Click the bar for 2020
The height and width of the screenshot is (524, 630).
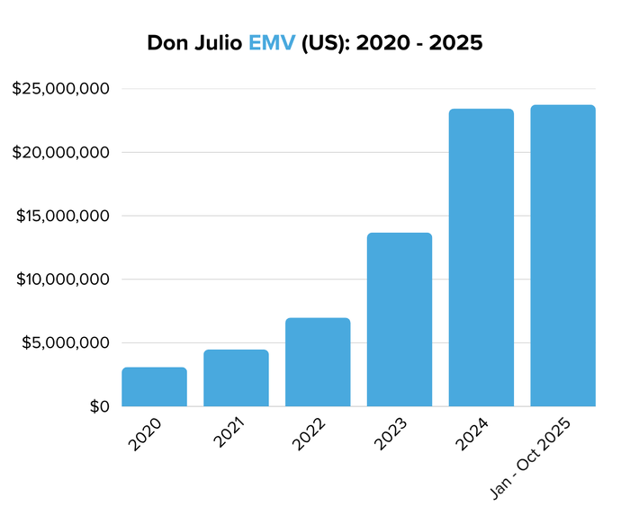(x=154, y=386)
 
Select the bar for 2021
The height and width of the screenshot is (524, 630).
(x=236, y=377)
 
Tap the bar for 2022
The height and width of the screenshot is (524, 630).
(x=318, y=362)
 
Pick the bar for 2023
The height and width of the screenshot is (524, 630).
(x=400, y=319)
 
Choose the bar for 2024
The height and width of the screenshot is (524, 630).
(x=481, y=258)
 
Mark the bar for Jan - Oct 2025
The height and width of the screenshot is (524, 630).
(x=562, y=256)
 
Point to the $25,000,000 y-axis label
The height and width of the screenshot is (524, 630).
(x=61, y=89)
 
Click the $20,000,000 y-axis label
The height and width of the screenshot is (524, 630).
(x=61, y=153)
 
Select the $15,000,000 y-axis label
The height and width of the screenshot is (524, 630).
(x=61, y=216)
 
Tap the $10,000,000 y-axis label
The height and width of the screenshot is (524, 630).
(x=61, y=280)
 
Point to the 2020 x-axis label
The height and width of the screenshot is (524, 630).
(x=146, y=433)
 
